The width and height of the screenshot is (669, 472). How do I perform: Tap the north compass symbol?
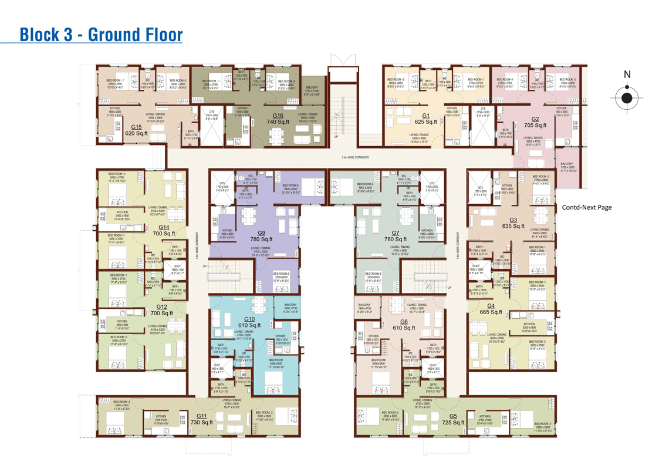627,97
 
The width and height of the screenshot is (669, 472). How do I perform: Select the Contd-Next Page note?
587,207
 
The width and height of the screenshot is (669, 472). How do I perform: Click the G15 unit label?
136,126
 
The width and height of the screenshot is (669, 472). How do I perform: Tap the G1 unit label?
426,116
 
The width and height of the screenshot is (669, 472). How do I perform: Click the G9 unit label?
261,233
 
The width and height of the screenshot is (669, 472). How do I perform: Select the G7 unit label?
395,233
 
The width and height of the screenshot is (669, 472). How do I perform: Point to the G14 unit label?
163,227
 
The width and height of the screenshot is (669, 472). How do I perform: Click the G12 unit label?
162,306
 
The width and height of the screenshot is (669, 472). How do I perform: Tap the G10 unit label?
249,319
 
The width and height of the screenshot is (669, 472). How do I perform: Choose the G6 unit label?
404,322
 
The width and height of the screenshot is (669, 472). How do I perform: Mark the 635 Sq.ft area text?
513,226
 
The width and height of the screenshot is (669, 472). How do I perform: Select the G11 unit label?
201,416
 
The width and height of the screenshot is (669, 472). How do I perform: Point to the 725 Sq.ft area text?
453,422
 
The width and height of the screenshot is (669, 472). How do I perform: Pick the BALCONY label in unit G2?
566,164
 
